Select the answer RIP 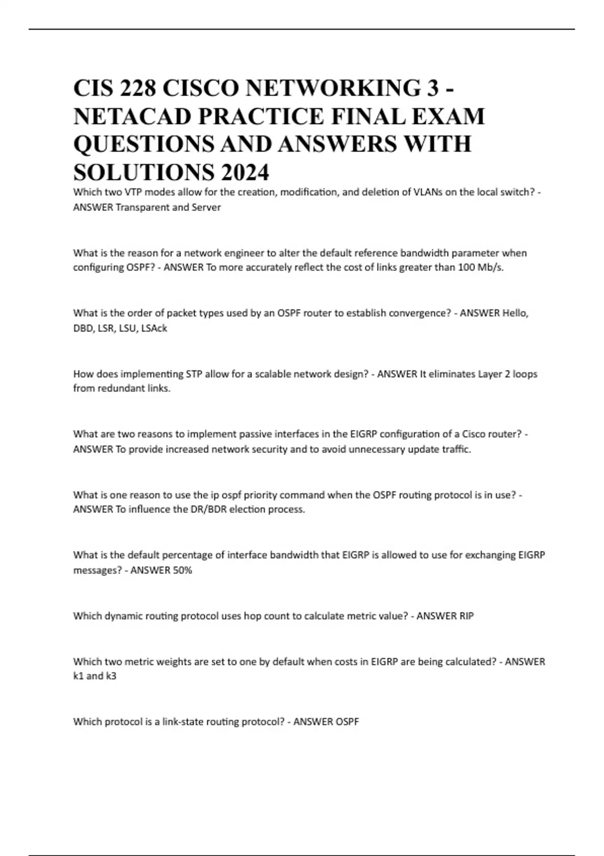point(466,616)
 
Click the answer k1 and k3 point(95,676)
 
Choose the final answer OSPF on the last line point(347,722)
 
